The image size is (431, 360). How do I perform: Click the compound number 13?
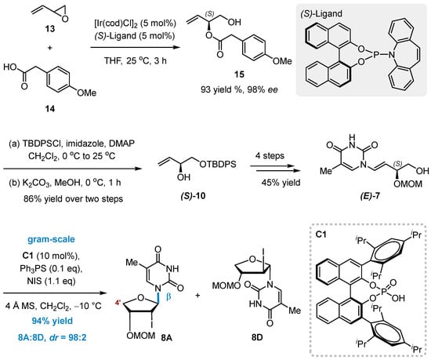pyautogui.click(x=49, y=28)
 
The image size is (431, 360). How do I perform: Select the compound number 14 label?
pyautogui.click(x=49, y=109)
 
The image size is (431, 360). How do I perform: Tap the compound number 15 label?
pyautogui.click(x=239, y=75)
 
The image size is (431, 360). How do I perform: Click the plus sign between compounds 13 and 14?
pyautogui.click(x=49, y=48)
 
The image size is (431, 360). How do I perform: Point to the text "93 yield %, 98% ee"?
pyautogui.click(x=239, y=89)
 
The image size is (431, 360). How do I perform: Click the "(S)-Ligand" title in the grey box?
pyautogui.click(x=321, y=14)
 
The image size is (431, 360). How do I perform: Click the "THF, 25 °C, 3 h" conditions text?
pyautogui.click(x=136, y=60)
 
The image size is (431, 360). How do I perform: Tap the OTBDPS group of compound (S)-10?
pyautogui.click(x=218, y=164)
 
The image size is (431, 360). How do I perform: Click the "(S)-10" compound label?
pyautogui.click(x=193, y=196)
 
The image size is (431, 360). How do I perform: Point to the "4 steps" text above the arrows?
pyautogui.click(x=270, y=155)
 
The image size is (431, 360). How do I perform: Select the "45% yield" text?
pyautogui.click(x=281, y=182)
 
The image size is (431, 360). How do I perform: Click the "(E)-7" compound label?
pyautogui.click(x=370, y=196)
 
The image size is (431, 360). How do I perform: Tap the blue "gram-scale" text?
pyautogui.click(x=51, y=239)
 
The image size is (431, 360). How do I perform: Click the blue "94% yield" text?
pyautogui.click(x=53, y=321)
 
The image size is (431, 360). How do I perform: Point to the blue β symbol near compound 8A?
pyautogui.click(x=168, y=297)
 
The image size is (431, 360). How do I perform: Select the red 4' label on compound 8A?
pyautogui.click(x=118, y=304)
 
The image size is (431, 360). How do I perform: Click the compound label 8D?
pyautogui.click(x=257, y=337)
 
